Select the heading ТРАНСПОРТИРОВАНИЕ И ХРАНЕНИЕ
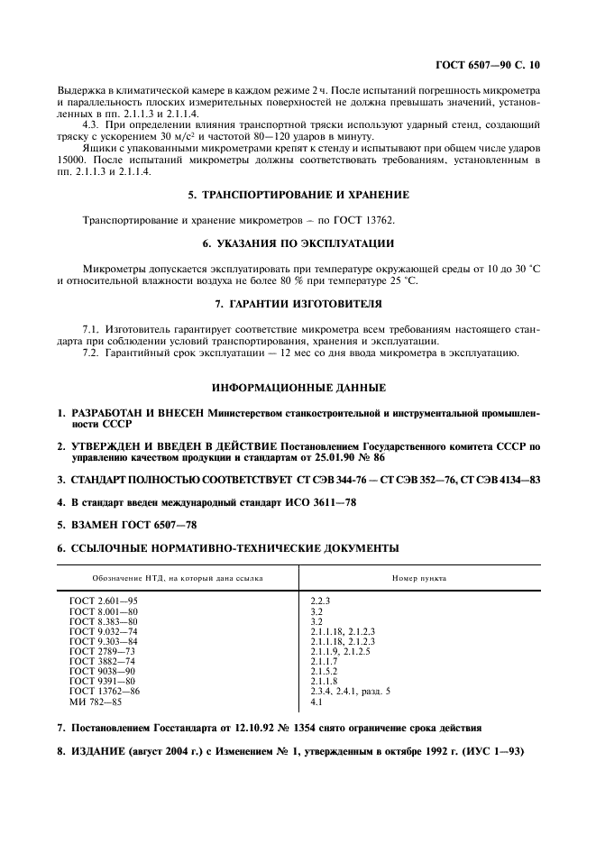[x=298, y=194]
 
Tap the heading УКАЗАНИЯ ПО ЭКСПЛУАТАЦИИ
[x=298, y=243]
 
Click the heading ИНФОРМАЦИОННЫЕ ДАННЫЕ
[x=298, y=387]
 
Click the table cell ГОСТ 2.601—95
[x=104, y=600]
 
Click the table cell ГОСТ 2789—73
[x=102, y=650]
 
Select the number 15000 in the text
[x=70, y=161]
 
